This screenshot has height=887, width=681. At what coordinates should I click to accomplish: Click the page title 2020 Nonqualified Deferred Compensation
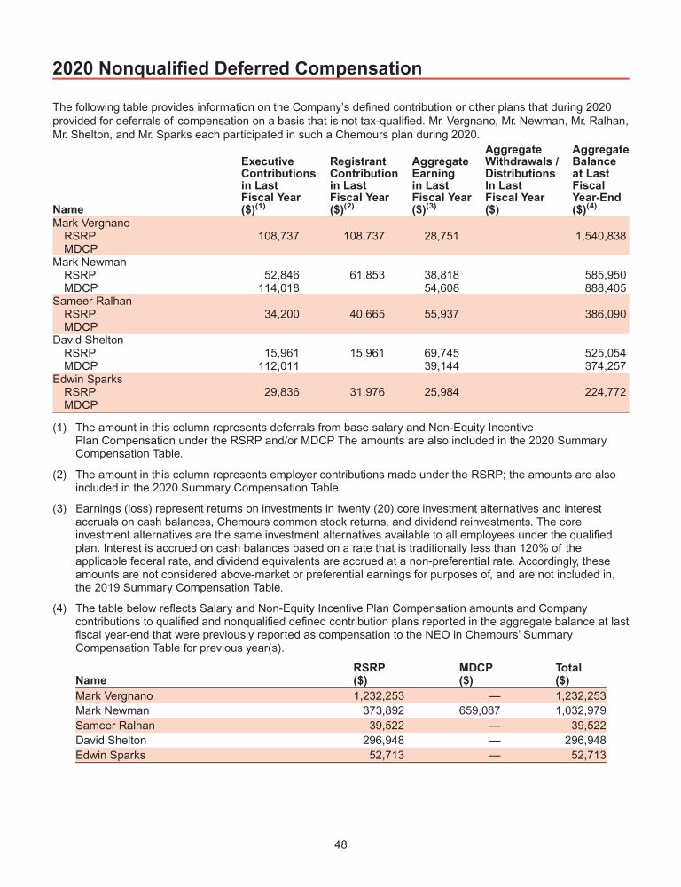click(x=237, y=68)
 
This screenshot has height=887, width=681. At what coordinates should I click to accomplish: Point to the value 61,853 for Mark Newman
click(x=365, y=276)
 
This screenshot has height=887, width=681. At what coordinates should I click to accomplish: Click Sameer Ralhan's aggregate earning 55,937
click(x=442, y=315)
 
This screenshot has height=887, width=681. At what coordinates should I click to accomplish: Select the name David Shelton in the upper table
click(x=88, y=340)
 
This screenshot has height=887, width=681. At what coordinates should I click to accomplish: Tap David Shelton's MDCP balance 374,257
click(x=603, y=366)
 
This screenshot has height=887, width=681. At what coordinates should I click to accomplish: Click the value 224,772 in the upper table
click(x=603, y=392)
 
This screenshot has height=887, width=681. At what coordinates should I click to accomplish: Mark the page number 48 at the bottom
click(x=340, y=844)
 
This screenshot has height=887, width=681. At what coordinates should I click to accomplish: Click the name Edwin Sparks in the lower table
click(x=110, y=756)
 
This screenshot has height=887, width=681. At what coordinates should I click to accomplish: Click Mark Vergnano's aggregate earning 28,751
click(x=442, y=237)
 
